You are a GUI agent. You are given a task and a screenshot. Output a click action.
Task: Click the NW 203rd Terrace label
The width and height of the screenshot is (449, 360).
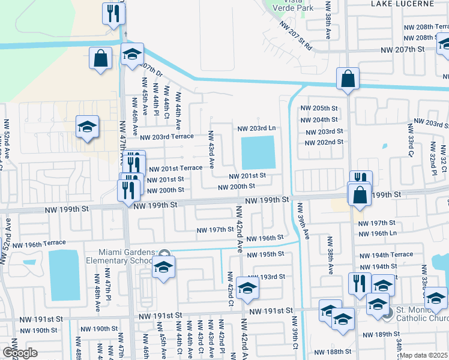(x=167, y=137)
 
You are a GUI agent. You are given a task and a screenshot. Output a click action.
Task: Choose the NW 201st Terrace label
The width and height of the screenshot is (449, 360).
(x=175, y=169)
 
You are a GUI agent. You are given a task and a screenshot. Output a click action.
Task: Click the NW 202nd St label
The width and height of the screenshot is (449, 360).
(x=324, y=142)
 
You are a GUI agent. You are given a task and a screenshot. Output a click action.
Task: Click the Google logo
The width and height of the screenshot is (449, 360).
(x=19, y=353)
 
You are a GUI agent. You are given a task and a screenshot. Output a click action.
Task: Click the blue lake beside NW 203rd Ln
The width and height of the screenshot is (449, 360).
(x=258, y=152)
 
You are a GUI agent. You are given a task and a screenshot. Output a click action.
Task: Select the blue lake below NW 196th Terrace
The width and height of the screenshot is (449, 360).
(x=64, y=275)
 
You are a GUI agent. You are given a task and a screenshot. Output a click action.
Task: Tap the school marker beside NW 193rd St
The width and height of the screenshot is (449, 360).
(x=247, y=289)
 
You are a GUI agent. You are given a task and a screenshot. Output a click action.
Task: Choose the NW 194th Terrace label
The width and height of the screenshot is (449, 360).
(x=385, y=254)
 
